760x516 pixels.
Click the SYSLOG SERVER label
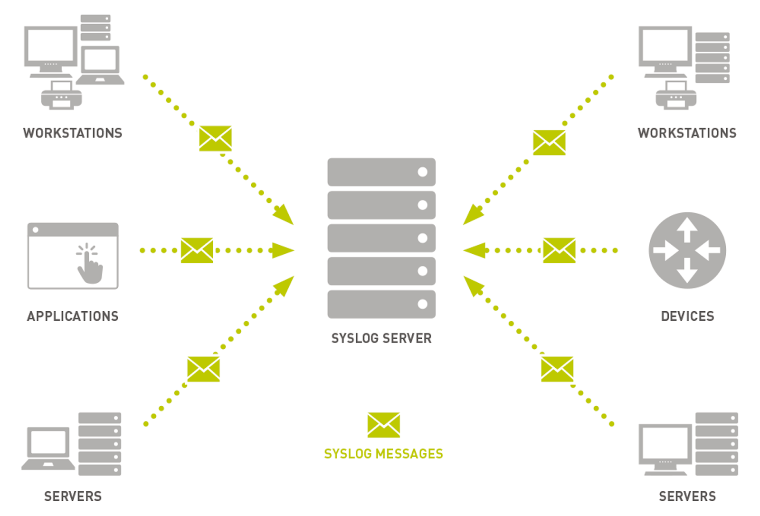pos(381,338)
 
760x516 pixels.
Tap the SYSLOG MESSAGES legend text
pos(383,454)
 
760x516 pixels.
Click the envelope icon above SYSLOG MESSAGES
pos(384,425)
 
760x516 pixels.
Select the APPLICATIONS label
pos(73,316)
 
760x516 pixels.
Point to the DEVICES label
pos(687,316)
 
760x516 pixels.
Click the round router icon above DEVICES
pos(687,250)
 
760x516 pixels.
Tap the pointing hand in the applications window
pos(89,264)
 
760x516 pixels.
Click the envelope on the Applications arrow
pos(197,250)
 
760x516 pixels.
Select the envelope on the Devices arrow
pos(559,250)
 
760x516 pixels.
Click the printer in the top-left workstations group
pos(61,95)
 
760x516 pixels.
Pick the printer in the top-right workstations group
pos(676,95)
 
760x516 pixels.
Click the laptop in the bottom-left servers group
pos(48,449)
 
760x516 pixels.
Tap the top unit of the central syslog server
pos(381,172)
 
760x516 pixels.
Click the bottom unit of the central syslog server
pos(381,304)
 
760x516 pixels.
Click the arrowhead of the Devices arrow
pos(474,250)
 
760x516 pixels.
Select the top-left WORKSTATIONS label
pos(73,133)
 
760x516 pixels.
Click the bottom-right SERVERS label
pos(687,497)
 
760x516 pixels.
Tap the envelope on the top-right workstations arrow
pos(549,143)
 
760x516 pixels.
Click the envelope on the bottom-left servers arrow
pos(204,369)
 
